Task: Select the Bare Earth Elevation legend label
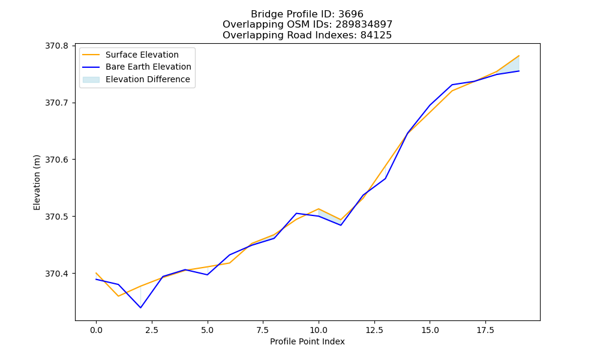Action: pos(148,67)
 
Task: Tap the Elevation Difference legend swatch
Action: pos(91,79)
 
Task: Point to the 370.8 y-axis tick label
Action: pos(56,46)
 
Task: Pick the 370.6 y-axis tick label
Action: pos(56,160)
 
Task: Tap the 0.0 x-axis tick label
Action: pos(96,330)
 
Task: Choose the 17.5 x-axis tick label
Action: pos(485,330)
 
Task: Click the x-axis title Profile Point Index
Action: pos(307,341)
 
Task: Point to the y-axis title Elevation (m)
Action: pos(37,182)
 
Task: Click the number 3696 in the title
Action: pos(350,14)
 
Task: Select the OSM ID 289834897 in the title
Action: pos(364,25)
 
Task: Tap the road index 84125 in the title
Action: pos(376,35)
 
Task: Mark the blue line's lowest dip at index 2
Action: pos(140,308)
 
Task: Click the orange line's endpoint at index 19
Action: pos(519,56)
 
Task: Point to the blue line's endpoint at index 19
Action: pos(519,71)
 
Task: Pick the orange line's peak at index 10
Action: pos(319,209)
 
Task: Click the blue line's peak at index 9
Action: pos(296,213)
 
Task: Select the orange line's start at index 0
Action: pos(96,273)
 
